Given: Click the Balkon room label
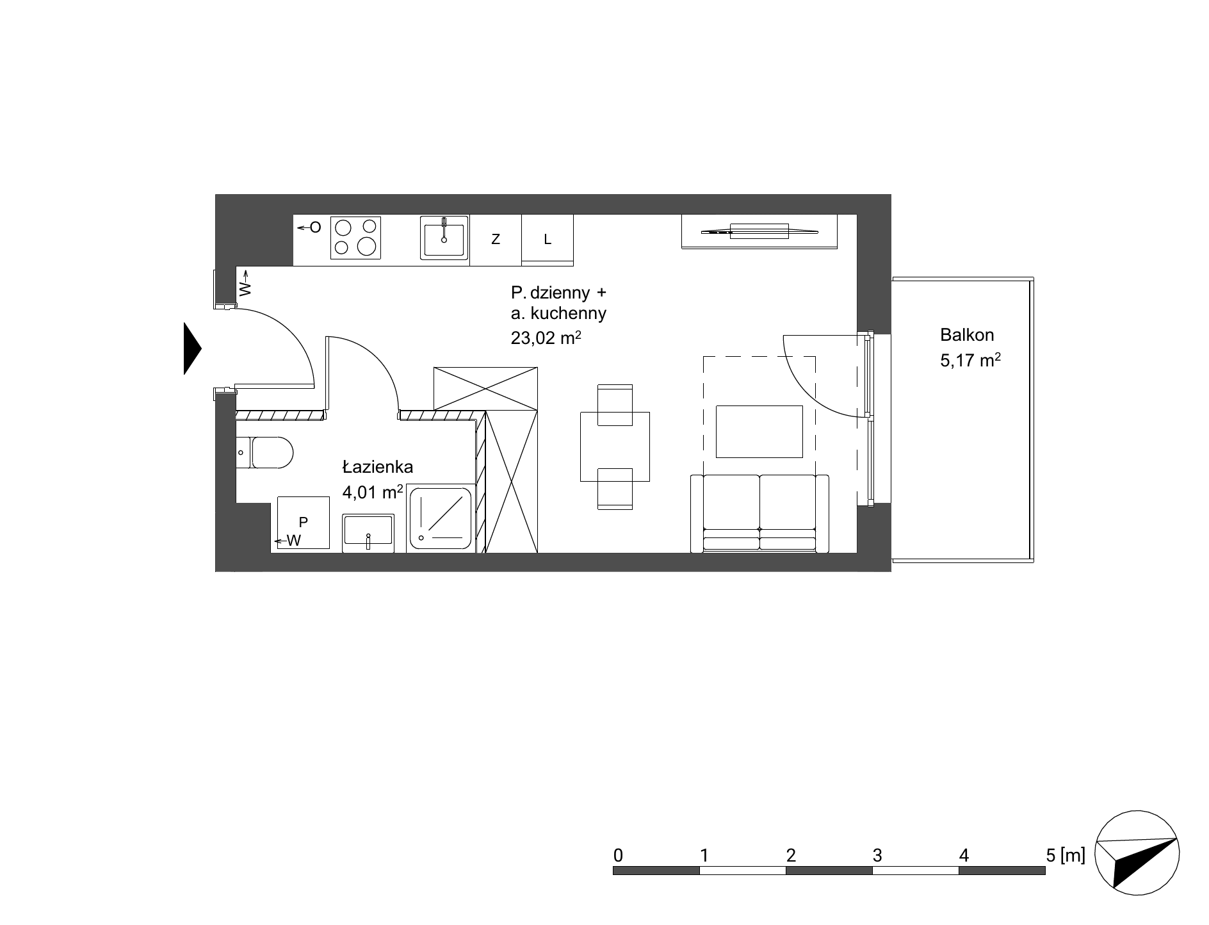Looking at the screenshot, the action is click(967, 334).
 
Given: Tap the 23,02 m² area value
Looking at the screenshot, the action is click(546, 338).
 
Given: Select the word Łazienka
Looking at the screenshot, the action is click(378, 466).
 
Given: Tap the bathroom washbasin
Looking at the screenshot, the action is click(368, 532).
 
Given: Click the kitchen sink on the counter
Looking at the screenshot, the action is click(444, 238).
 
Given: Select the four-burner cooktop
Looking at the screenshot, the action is click(355, 238).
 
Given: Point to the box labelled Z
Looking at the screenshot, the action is click(496, 240).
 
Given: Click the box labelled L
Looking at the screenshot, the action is click(548, 240).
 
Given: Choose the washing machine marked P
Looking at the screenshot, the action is click(304, 523).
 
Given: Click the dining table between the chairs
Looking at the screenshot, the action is click(615, 446).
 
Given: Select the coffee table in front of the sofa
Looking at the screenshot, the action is click(759, 431).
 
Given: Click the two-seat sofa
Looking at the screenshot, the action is click(759, 513).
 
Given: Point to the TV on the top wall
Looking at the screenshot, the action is click(759, 231).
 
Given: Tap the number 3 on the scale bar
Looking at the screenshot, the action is click(877, 855).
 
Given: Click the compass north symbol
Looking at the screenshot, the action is click(1137, 853).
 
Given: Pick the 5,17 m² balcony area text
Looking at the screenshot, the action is click(970, 360).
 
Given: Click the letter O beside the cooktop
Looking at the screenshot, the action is click(315, 227).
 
